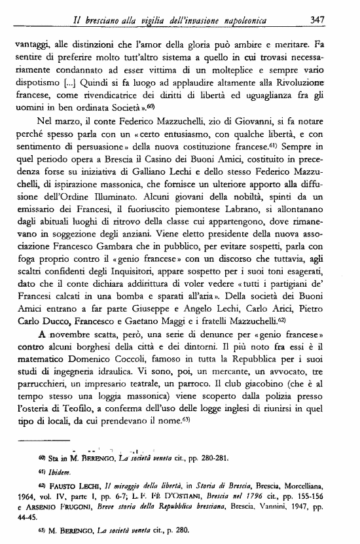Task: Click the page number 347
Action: pos(318,21)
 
